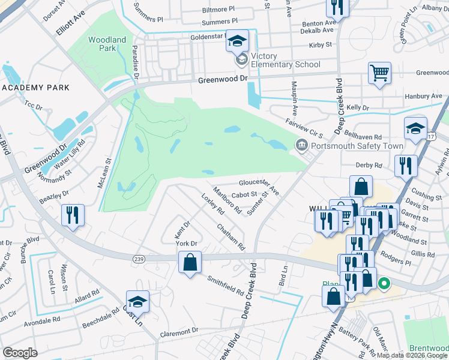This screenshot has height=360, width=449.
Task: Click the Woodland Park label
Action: [x=107, y=44]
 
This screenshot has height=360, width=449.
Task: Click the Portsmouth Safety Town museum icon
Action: [x=301, y=145]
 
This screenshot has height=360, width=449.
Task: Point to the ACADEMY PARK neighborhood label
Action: [x=36, y=88]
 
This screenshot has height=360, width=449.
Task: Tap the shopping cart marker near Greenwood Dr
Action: [x=379, y=74]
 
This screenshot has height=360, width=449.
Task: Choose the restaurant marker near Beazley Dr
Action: [x=73, y=215]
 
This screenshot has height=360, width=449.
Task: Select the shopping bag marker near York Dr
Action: [x=190, y=262]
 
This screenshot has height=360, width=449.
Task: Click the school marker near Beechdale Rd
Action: [x=137, y=302]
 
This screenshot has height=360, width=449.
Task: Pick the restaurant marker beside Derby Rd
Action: [x=406, y=164]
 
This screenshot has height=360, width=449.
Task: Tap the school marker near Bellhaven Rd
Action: [x=415, y=128]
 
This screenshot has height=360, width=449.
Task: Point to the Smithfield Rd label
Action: [x=226, y=286]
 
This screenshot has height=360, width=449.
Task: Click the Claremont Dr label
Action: [x=179, y=331]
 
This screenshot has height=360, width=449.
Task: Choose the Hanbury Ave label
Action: [x=423, y=96]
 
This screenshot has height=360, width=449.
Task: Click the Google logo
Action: [x=20, y=353]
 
